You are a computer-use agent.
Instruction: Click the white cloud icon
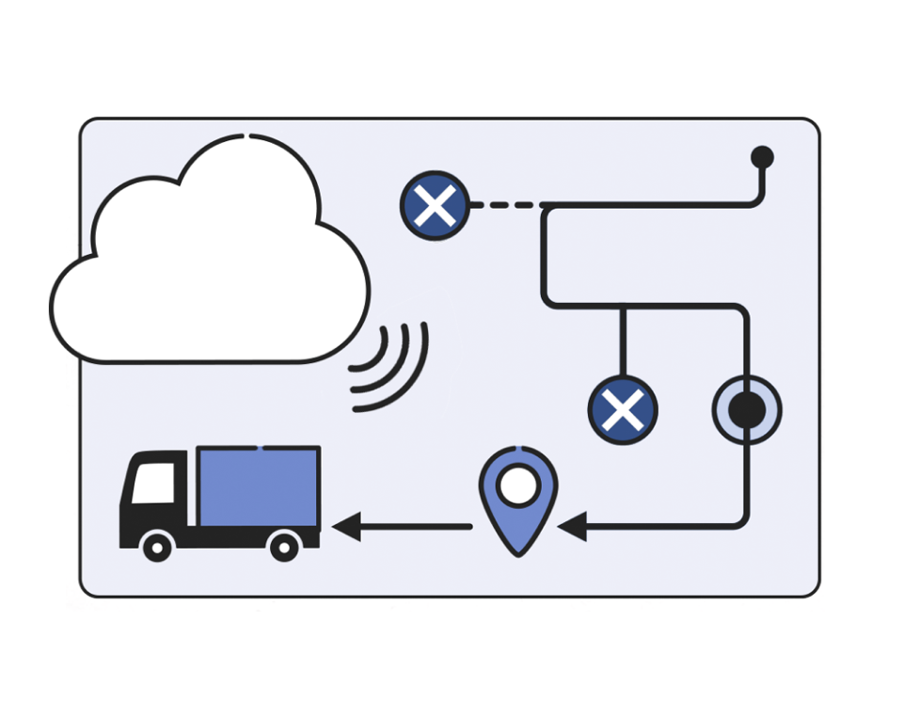(x=207, y=263)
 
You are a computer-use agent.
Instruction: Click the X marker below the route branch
(x=622, y=409)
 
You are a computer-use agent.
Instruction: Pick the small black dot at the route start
(x=762, y=156)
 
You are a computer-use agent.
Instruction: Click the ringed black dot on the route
(x=747, y=409)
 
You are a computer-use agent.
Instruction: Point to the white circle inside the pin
(x=517, y=486)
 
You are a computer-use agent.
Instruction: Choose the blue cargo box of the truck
(x=259, y=486)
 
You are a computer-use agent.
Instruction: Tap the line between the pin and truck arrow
(x=414, y=526)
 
